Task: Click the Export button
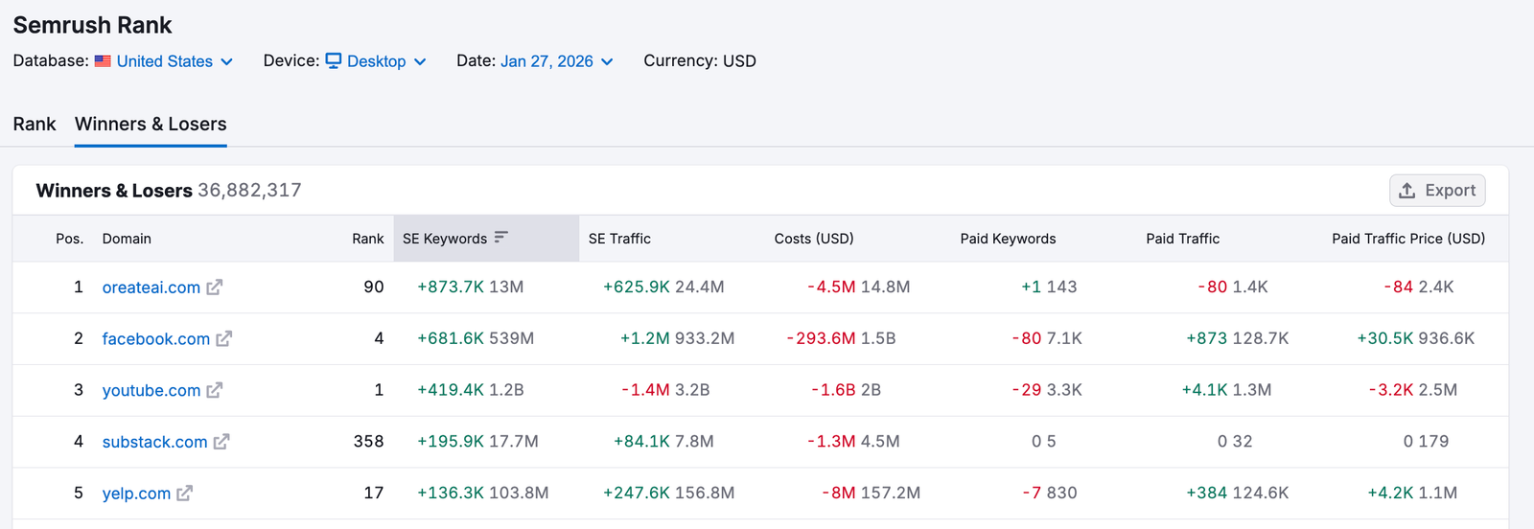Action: (x=1437, y=191)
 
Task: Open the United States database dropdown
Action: (x=164, y=61)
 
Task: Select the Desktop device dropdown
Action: (x=376, y=61)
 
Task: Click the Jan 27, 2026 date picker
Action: (x=556, y=61)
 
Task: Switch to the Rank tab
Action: (x=35, y=125)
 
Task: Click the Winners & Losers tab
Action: (x=151, y=125)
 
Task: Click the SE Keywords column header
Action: (x=445, y=239)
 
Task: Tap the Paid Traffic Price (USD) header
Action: (x=1407, y=239)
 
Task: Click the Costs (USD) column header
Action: (x=813, y=239)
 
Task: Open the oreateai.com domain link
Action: (x=151, y=287)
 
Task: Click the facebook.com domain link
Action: (x=155, y=339)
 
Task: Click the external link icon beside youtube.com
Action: (x=215, y=390)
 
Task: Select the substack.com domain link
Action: (x=154, y=442)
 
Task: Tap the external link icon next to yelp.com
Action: (x=185, y=494)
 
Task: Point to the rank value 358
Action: (x=368, y=442)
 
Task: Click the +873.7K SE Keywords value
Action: (x=451, y=287)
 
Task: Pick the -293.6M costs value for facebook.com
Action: (x=821, y=339)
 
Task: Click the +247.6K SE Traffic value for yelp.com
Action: (x=636, y=494)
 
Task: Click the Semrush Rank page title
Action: (x=92, y=26)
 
